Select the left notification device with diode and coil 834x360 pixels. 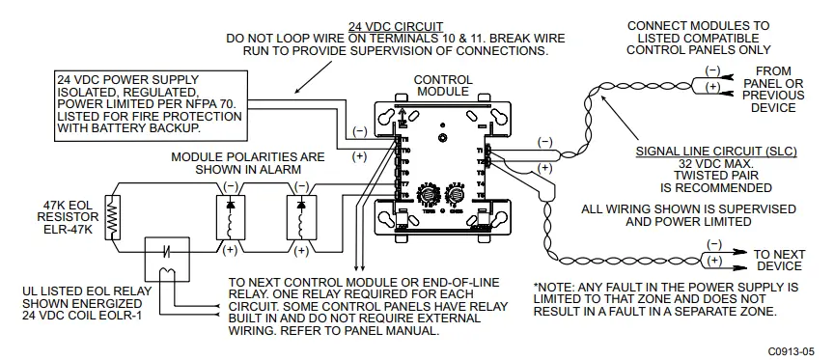pos(230,217)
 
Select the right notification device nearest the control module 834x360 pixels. pos(301,217)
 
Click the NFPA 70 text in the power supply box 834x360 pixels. pos(218,101)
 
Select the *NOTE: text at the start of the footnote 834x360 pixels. pos(555,287)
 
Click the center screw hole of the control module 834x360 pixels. pos(444,136)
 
